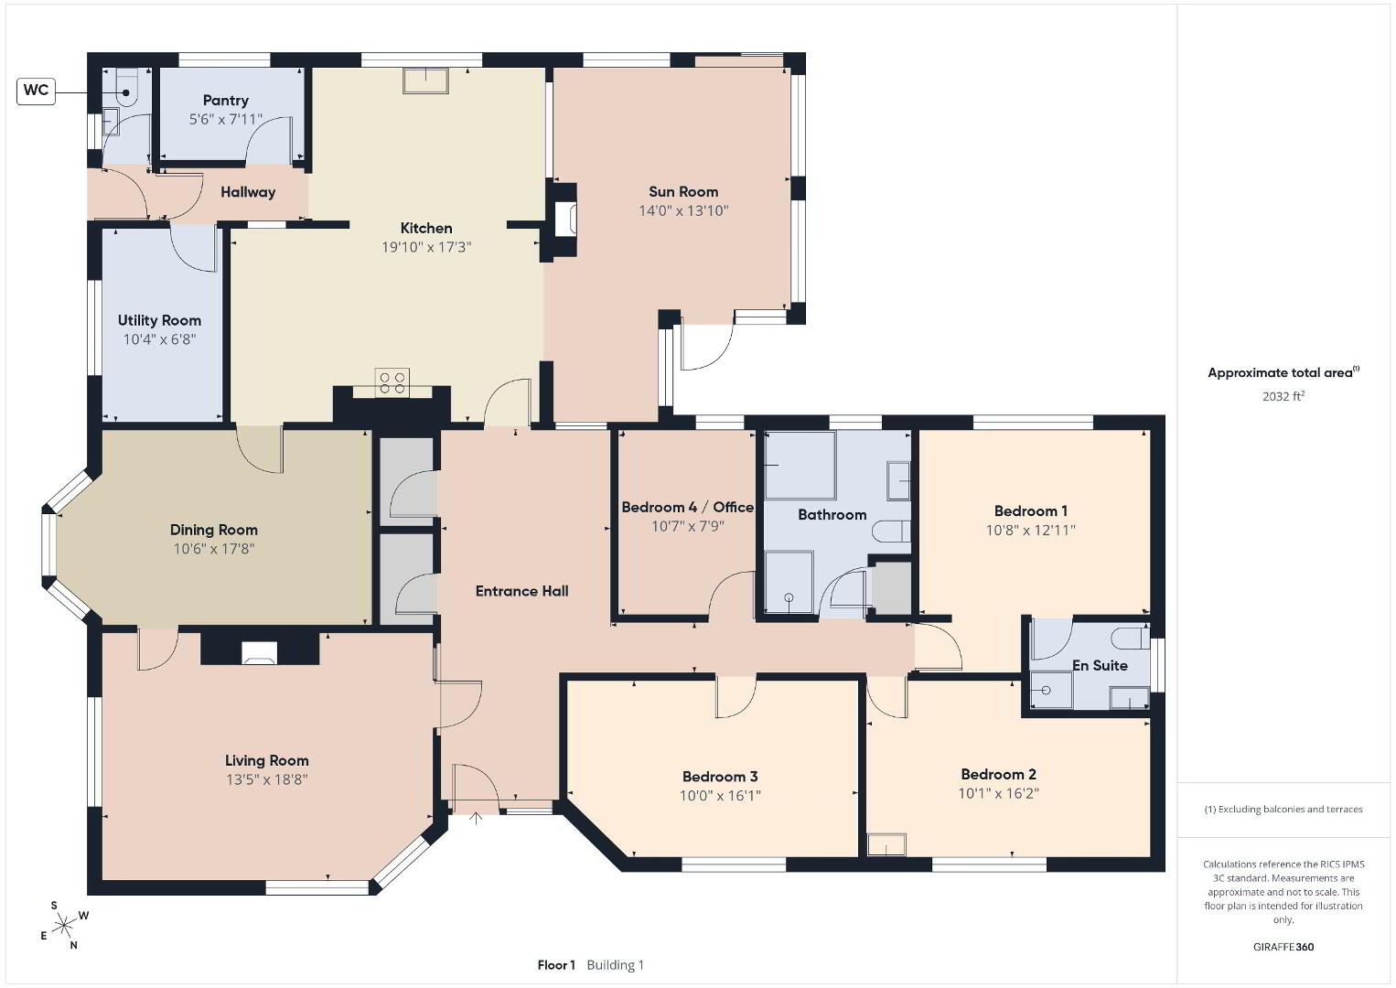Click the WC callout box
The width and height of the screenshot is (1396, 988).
(x=36, y=91)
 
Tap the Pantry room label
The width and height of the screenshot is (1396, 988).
(x=226, y=101)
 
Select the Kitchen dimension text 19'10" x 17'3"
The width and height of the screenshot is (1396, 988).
(x=426, y=248)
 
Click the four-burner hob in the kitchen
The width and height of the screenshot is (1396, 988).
(x=392, y=382)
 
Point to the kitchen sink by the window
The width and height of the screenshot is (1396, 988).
(x=425, y=81)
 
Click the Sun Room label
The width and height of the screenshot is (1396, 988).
(x=683, y=192)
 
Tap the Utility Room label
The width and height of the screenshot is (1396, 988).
(x=159, y=320)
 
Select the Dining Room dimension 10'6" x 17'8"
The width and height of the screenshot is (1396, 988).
(x=214, y=549)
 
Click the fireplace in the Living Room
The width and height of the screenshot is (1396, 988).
(x=259, y=652)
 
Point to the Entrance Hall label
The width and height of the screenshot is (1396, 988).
(x=521, y=591)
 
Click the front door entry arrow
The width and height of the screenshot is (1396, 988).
(x=476, y=818)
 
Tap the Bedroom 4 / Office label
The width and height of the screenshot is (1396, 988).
(x=687, y=508)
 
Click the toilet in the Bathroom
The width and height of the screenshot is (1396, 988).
(x=891, y=532)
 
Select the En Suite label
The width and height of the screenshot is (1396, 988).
(x=1100, y=666)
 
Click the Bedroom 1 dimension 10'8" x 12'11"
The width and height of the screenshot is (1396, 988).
(x=1030, y=531)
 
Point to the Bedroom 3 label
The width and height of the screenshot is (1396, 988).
(x=720, y=777)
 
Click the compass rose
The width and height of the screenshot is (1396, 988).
(x=63, y=926)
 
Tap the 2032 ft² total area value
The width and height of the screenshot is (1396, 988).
(x=1283, y=396)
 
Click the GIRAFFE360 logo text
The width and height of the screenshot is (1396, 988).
(x=1283, y=947)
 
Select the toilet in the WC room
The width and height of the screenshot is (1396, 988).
(x=125, y=88)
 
